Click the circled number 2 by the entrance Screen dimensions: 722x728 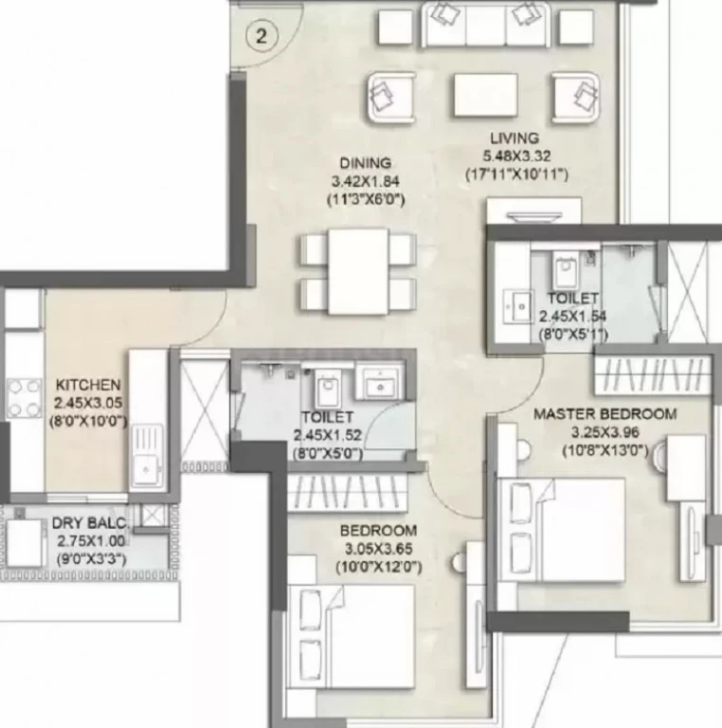click(262, 36)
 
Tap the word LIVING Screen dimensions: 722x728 click(514, 137)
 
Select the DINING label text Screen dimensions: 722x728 click(366, 163)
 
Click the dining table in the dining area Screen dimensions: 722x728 click(358, 272)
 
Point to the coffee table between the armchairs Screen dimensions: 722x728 click(485, 95)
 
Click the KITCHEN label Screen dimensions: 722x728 click(88, 385)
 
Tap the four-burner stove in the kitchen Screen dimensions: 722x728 click(24, 398)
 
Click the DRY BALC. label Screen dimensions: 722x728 click(90, 523)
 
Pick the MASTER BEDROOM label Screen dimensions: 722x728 click(605, 413)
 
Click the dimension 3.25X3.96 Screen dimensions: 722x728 click(605, 432)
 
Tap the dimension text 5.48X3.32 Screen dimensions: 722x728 click(516, 156)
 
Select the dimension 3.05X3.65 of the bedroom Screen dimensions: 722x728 click(378, 549)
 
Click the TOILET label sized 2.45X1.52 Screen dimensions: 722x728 click(328, 417)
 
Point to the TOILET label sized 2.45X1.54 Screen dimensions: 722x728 click(572, 298)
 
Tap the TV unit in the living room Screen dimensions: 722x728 click(534, 211)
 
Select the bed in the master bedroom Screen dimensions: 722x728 click(562, 530)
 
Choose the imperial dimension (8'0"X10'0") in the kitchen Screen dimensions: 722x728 click(88, 422)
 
